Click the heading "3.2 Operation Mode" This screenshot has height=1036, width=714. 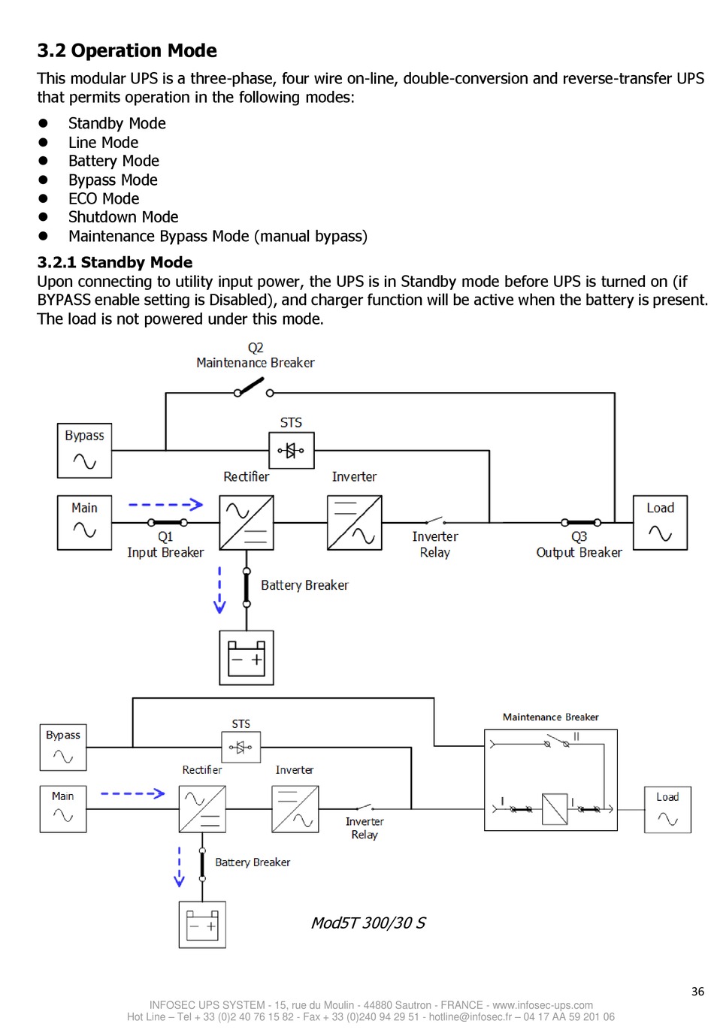[x=127, y=50]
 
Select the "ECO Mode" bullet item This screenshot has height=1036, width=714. [x=104, y=198]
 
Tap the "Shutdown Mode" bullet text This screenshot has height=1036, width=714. [x=123, y=217]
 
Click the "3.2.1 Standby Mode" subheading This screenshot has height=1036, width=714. [x=115, y=262]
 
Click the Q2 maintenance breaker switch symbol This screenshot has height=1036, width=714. [x=253, y=388]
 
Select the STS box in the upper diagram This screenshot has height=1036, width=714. [x=292, y=451]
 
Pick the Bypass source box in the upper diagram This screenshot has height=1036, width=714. [x=84, y=451]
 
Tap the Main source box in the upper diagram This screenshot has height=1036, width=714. [x=84, y=523]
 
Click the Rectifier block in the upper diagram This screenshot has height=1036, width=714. [x=247, y=523]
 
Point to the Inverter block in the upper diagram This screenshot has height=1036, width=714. [x=355, y=523]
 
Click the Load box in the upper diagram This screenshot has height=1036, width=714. [x=661, y=523]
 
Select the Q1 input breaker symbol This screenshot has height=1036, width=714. [x=168, y=523]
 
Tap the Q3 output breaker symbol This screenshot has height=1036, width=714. [x=581, y=523]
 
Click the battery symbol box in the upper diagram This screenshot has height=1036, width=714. [x=247, y=657]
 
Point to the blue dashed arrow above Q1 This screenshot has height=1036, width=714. [x=165, y=505]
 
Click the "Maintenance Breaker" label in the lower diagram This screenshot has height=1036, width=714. [x=551, y=717]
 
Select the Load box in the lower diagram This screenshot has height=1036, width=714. [x=667, y=810]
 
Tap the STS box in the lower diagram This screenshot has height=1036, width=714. [x=241, y=747]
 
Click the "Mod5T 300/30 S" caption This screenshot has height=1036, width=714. [x=368, y=923]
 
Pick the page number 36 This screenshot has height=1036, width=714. [x=697, y=991]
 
